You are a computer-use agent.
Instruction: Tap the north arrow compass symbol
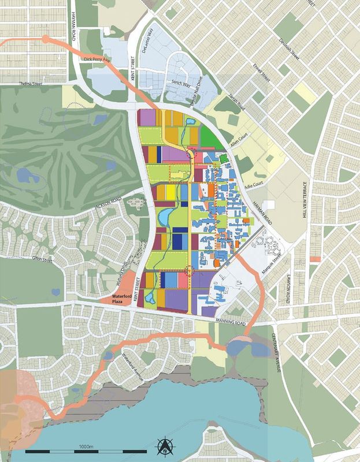164,445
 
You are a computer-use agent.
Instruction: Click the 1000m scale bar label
87,446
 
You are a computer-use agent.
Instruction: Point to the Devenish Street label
289,48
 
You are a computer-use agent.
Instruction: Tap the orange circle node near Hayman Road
46,39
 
